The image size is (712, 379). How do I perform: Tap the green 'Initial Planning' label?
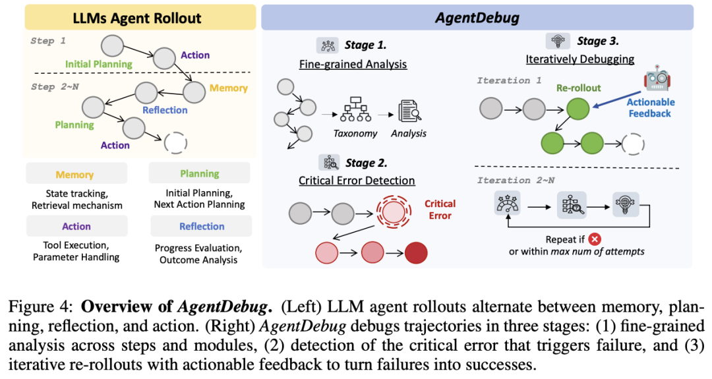click(x=99, y=65)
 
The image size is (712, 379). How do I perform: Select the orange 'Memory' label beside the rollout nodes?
click(x=228, y=88)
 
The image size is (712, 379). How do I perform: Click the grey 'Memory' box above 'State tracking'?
click(x=74, y=175)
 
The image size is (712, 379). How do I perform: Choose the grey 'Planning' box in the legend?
click(x=199, y=174)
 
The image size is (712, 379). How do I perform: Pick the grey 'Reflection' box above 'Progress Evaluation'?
click(x=202, y=226)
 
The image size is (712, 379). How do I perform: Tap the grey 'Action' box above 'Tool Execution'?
click(x=76, y=226)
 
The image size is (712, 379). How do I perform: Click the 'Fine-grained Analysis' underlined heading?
click(x=353, y=65)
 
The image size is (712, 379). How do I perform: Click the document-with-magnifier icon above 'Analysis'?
click(x=409, y=111)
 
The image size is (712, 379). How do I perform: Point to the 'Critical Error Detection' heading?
click(x=357, y=181)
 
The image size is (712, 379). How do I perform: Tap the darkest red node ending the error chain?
click(x=416, y=252)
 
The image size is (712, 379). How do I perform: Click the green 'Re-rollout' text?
click(x=578, y=88)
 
